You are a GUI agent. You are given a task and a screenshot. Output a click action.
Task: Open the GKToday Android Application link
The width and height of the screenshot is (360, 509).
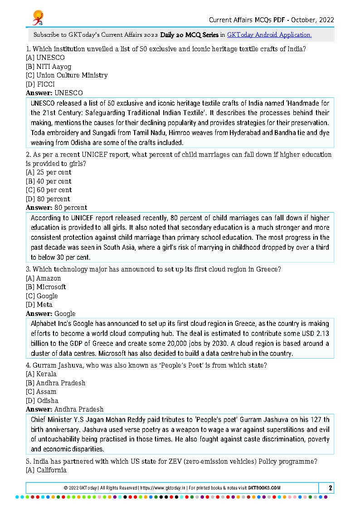(269, 34)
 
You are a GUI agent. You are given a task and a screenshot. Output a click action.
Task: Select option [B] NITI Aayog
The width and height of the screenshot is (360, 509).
(49, 67)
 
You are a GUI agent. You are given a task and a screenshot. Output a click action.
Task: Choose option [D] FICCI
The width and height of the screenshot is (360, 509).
(40, 84)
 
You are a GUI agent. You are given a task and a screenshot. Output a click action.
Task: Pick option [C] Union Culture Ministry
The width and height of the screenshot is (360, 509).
(67, 75)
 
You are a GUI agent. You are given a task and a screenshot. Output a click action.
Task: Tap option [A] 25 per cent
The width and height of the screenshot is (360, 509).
(49, 172)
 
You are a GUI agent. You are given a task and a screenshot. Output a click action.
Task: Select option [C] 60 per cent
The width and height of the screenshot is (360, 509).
(49, 190)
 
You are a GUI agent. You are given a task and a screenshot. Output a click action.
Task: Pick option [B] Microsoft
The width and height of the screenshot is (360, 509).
(46, 287)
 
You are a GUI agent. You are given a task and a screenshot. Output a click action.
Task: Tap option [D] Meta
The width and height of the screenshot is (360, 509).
(39, 305)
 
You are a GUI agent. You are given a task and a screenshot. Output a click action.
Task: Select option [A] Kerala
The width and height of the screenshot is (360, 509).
(41, 374)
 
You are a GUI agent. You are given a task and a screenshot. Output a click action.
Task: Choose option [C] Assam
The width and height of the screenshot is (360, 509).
(41, 392)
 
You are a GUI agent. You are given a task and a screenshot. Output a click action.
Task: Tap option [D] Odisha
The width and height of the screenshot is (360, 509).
(42, 401)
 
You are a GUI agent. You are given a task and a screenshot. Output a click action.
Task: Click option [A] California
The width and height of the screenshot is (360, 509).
(46, 470)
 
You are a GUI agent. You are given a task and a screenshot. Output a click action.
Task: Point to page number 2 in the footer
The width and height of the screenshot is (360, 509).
(331, 488)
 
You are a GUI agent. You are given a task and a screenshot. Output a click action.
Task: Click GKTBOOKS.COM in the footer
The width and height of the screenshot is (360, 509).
(264, 488)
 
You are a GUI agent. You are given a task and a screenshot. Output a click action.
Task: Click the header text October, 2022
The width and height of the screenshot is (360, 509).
(312, 19)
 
